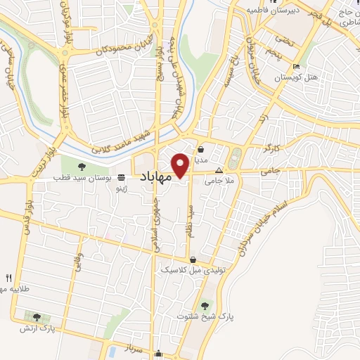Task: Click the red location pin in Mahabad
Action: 180,165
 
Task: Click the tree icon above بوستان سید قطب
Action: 82,167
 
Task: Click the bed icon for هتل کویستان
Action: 296,67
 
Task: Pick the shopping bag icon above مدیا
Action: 201,149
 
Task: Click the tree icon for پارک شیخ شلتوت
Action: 205,306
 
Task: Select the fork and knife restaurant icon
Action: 8,277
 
